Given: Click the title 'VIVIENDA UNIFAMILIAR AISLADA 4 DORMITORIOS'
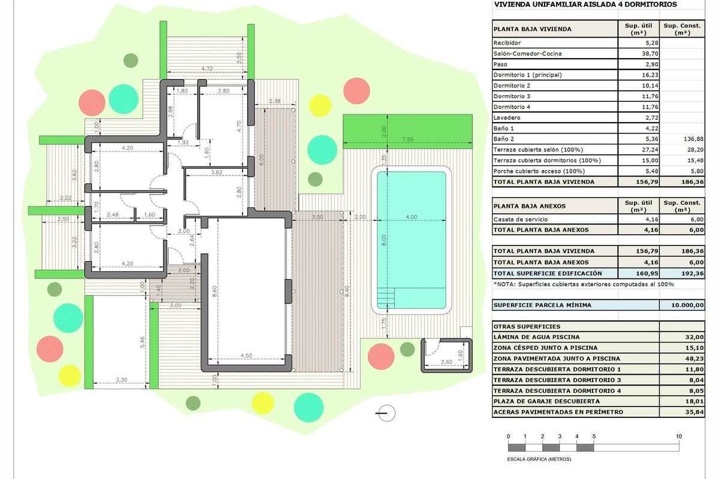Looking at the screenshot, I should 585,4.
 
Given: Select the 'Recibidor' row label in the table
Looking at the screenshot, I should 507,43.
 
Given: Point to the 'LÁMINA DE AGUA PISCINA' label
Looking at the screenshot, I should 527,337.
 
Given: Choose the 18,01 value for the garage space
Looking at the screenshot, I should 695,401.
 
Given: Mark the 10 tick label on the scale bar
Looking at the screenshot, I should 679,436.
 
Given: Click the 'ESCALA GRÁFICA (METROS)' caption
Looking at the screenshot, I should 539,459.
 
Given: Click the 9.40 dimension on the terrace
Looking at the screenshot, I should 346,290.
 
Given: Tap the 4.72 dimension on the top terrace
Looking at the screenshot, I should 207,69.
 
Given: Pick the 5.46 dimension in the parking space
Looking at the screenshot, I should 141,342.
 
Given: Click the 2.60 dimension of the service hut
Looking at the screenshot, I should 446,362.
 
